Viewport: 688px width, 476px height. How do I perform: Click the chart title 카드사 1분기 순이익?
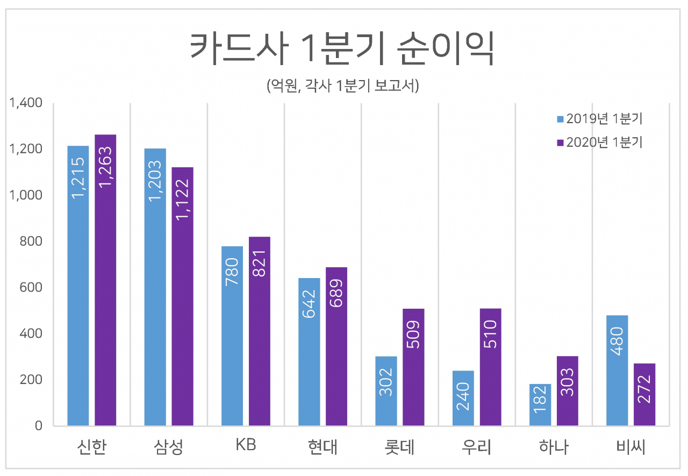(x=342, y=48)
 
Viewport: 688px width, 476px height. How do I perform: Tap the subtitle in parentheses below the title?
(x=342, y=86)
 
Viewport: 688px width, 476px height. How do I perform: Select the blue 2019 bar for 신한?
(x=78, y=286)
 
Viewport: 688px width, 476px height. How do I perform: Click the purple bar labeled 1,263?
(x=105, y=280)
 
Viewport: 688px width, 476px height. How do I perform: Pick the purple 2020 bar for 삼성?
(x=182, y=296)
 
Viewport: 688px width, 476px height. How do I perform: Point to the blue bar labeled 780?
(x=232, y=336)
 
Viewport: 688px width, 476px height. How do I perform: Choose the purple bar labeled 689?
(x=336, y=346)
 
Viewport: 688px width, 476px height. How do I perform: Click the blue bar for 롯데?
(x=386, y=391)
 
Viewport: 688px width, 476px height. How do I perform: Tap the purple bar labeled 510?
(x=491, y=367)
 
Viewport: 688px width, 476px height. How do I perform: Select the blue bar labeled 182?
(x=540, y=404)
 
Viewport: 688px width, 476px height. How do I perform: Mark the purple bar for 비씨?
(x=644, y=394)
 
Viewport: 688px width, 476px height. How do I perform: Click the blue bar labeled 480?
(x=617, y=370)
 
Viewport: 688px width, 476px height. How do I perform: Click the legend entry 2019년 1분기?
(x=600, y=119)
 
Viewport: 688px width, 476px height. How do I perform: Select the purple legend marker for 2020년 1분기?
(x=560, y=143)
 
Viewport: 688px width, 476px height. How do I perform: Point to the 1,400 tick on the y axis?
(x=26, y=103)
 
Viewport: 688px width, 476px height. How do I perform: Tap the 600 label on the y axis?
(x=31, y=287)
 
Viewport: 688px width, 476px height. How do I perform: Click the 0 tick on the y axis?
(x=38, y=425)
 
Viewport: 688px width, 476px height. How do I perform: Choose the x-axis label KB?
(x=246, y=445)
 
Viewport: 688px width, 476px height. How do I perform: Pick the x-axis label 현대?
(x=322, y=447)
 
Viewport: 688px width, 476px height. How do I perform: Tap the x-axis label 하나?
(x=554, y=447)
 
